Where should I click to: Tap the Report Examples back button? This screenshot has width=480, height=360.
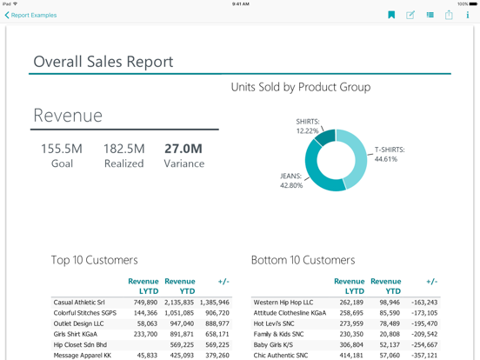pos(30,15)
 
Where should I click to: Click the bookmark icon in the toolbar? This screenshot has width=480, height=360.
pos(391,15)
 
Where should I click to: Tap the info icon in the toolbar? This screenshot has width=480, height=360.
pos(468,15)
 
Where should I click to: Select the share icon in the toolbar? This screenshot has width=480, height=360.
pos(449,15)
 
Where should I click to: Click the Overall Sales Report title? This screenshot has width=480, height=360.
pos(103,62)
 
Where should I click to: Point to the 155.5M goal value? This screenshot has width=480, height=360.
pos(62,149)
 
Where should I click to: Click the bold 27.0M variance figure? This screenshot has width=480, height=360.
pos(183,149)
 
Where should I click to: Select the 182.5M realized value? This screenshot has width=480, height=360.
pos(123,149)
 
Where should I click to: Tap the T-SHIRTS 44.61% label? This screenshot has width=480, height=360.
pos(390,154)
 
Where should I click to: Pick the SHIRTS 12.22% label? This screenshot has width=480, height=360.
pos(307,126)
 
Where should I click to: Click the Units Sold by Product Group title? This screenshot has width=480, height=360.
pos(300,87)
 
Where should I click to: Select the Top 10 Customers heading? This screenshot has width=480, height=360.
pos(94,260)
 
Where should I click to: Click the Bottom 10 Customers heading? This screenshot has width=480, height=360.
pos(303,260)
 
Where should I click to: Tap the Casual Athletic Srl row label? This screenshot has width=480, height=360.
pos(79,303)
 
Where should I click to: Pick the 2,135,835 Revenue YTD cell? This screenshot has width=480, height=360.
pos(179,303)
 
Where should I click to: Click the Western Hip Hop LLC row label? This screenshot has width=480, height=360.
pos(283,303)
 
